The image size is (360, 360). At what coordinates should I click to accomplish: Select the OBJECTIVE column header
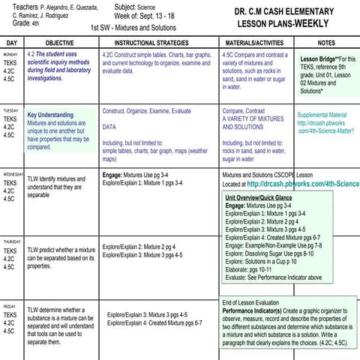tap(59, 43)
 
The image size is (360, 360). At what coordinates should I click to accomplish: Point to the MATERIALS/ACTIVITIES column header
tap(255, 43)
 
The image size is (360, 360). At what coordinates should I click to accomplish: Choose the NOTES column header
tap(326, 43)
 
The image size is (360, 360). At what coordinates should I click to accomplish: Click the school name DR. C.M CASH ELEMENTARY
tap(288, 13)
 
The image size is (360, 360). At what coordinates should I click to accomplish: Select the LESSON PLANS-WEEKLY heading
tap(288, 25)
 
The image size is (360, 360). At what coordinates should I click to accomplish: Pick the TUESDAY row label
tap(10, 109)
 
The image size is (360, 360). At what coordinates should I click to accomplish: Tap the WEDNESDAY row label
tap(12, 175)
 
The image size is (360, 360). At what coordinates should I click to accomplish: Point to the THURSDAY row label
tap(11, 241)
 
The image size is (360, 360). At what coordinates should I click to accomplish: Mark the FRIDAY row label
tap(9, 307)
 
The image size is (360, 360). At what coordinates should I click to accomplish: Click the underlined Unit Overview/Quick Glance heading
tap(259, 197)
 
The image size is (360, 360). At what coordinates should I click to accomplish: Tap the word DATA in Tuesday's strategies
tap(109, 127)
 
